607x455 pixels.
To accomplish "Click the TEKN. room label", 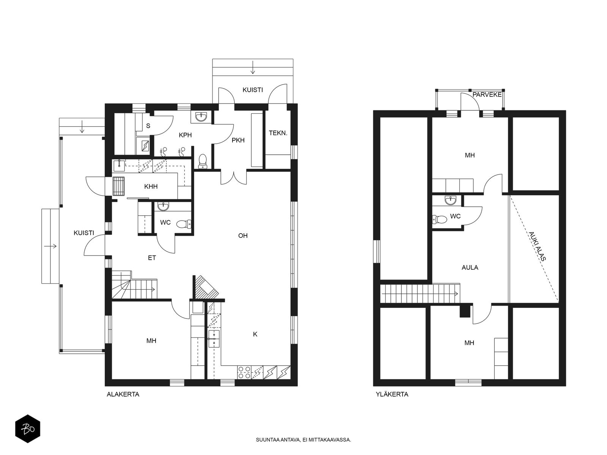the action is click(278, 133).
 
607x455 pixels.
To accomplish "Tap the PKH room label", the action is click(238, 140).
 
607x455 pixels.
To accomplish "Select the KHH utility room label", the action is click(151, 187).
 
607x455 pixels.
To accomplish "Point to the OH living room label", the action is click(243, 235).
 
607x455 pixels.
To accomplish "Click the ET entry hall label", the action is click(152, 258).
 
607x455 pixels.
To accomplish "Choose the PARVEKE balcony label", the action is click(487, 95).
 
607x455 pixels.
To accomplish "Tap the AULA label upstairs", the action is click(470, 267).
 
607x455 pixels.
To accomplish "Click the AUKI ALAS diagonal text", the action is click(537, 246).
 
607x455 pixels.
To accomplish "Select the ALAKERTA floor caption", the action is click(123, 394).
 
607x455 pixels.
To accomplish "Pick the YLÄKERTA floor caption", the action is click(392, 394).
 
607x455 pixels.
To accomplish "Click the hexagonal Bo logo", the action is click(28, 429).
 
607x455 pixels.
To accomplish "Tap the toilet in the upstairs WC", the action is click(439, 220).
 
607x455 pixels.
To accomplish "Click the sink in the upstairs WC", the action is click(451, 200).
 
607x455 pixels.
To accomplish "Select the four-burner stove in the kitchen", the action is click(244, 372).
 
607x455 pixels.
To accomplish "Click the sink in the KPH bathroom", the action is click(201, 117).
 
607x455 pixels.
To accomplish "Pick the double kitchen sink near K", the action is click(214, 339).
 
